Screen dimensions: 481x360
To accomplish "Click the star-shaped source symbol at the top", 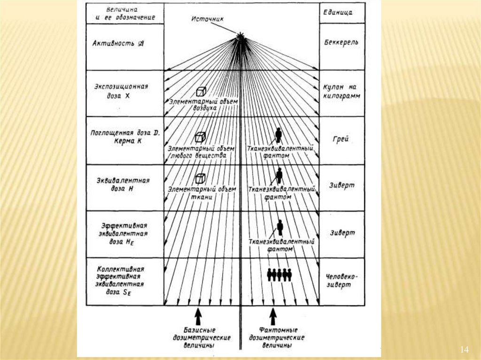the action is pyautogui.click(x=240, y=36).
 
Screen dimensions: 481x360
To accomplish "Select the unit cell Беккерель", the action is pyautogui.click(x=341, y=42).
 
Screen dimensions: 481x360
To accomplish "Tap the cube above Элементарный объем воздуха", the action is pyautogui.click(x=201, y=92).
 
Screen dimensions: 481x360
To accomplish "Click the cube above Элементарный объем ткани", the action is pyautogui.click(x=201, y=179).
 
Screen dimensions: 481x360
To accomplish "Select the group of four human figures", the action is pyautogui.click(x=279, y=275).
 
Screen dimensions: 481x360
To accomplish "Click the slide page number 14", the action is pyautogui.click(x=465, y=349).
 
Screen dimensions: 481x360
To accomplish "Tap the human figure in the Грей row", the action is pyautogui.click(x=279, y=135).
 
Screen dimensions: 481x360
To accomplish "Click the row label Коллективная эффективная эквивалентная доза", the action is pyautogui.click(x=121, y=281).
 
